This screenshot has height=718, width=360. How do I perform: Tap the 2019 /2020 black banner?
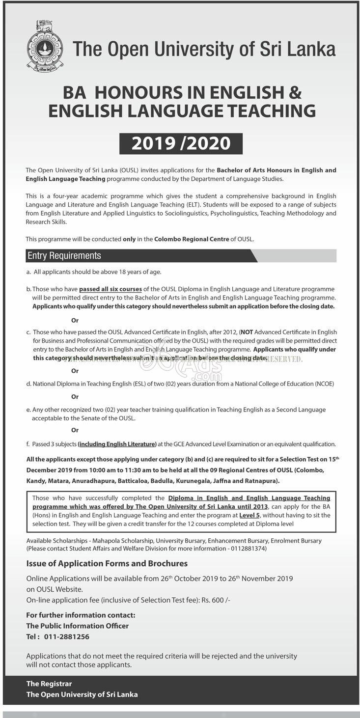pyautogui.click(x=181, y=143)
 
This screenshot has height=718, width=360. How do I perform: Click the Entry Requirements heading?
pyautogui.click(x=64, y=256)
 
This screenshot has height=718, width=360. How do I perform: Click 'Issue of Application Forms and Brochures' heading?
pyautogui.click(x=107, y=563)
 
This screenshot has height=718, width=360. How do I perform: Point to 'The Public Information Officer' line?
pyautogui.click(x=77, y=626)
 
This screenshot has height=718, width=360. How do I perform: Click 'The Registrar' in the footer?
pyautogui.click(x=49, y=684)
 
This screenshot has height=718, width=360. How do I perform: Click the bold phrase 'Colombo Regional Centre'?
pyautogui.click(x=192, y=239)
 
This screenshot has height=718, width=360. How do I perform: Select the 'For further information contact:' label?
pyautogui.click(x=81, y=615)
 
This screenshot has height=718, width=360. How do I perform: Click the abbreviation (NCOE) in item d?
pyautogui.click(x=322, y=384)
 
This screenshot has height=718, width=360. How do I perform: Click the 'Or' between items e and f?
pyautogui.click(x=75, y=430)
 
